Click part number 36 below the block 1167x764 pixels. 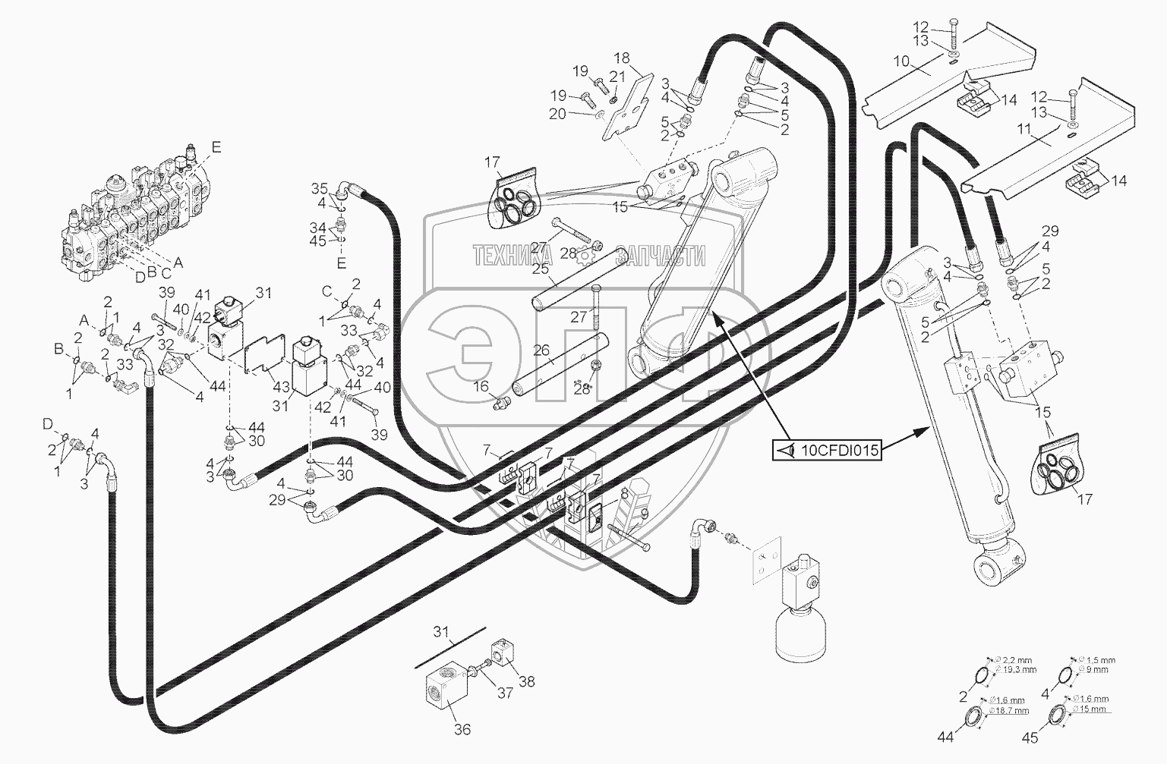click(462, 729)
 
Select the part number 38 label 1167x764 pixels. click(526, 681)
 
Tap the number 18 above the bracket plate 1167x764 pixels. click(622, 58)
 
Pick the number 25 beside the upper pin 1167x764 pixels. click(541, 269)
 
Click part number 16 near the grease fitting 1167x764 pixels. click(481, 387)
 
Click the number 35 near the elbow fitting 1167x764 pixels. click(319, 187)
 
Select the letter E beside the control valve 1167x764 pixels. click(216, 148)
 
